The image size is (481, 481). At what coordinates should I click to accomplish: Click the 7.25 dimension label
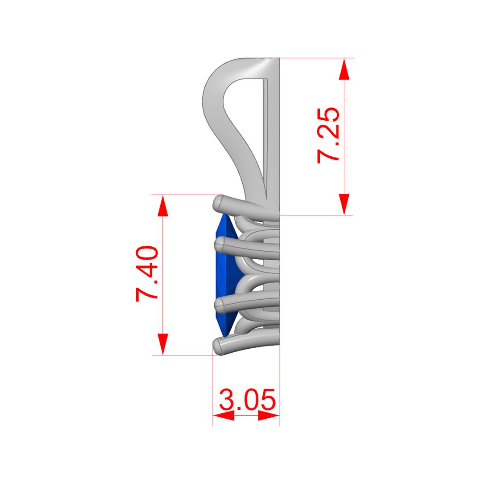(328, 135)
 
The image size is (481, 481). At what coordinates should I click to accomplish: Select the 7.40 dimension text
(147, 273)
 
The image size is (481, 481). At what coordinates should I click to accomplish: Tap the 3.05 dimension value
(248, 399)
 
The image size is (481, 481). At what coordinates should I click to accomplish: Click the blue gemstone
(227, 275)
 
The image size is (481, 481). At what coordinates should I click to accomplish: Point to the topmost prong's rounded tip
(218, 203)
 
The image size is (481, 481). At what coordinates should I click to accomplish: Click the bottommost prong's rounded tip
(218, 346)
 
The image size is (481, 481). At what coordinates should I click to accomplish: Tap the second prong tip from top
(219, 245)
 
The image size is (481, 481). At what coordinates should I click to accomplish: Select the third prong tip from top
(219, 305)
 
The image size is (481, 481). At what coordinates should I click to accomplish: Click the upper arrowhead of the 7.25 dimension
(344, 69)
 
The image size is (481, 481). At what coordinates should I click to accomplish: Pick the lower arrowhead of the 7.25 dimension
(344, 204)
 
